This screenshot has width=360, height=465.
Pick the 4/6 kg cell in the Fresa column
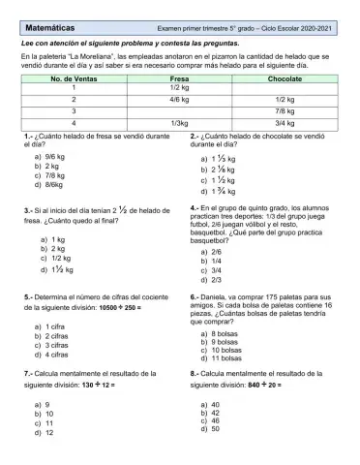tap(179, 99)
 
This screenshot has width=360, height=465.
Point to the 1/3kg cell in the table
tap(179, 123)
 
